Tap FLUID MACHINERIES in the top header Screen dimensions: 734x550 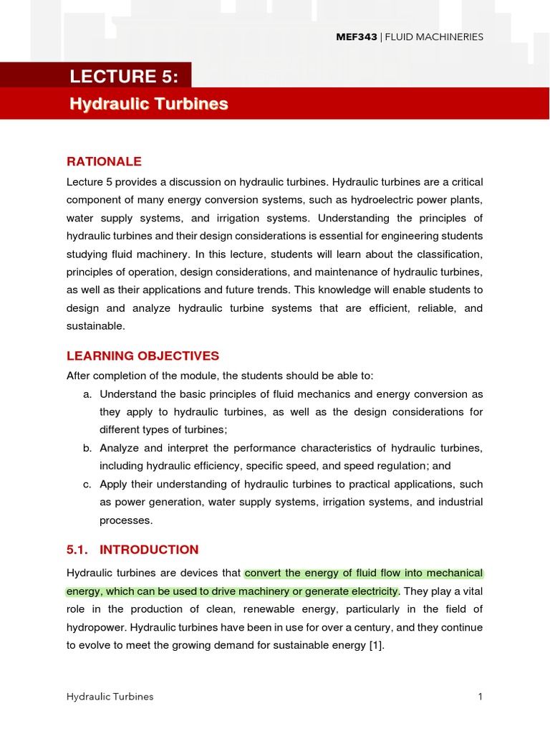(444, 37)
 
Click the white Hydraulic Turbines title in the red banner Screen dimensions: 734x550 (149, 104)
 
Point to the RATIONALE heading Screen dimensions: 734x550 (104, 161)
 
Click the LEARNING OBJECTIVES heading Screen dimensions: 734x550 (143, 356)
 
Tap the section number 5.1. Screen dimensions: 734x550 (79, 550)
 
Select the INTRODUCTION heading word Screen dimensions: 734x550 (149, 550)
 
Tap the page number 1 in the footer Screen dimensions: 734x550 (481, 697)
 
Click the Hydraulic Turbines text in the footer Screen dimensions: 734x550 (110, 697)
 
